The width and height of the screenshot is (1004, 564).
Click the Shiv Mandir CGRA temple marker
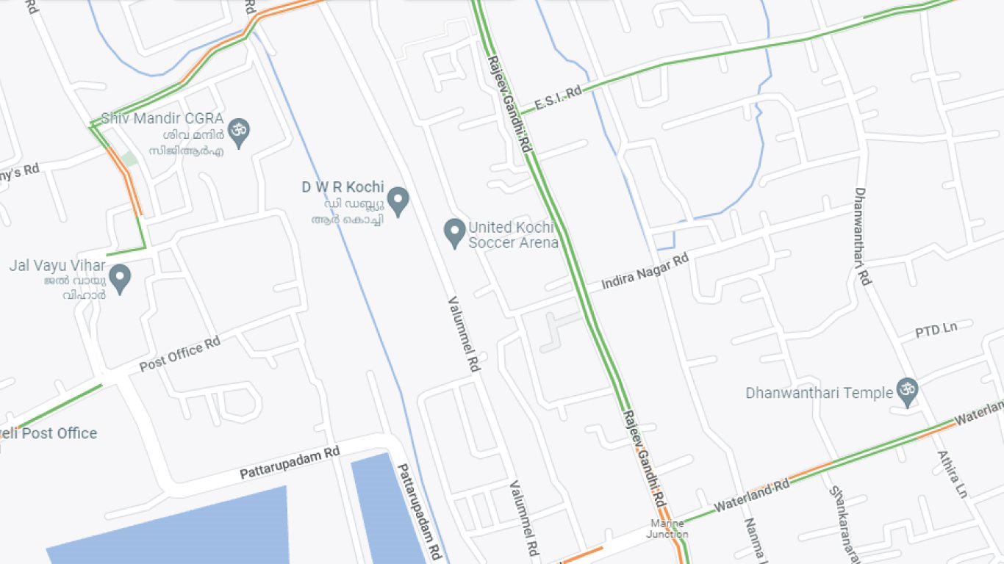click(x=237, y=132)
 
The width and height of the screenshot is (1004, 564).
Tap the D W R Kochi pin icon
click(x=398, y=200)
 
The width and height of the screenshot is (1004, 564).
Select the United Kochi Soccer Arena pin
click(x=455, y=233)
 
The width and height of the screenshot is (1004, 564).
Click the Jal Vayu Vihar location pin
click(x=120, y=278)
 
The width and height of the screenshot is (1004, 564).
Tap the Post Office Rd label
click(x=180, y=353)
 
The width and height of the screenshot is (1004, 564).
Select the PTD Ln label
click(x=936, y=330)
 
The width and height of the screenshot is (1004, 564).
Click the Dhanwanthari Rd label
click(x=862, y=236)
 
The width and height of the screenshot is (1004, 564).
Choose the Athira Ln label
click(x=952, y=474)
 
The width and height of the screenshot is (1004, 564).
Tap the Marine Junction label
click(x=667, y=529)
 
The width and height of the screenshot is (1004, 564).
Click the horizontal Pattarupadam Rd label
click(x=290, y=462)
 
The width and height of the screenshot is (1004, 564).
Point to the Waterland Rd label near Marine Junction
click(x=750, y=496)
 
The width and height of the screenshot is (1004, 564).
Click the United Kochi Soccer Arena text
click(x=513, y=235)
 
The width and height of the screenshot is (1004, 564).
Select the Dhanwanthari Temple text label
click(x=818, y=393)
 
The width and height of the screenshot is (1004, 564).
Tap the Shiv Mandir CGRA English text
click(x=162, y=117)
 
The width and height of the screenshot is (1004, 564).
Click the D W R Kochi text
click(x=343, y=187)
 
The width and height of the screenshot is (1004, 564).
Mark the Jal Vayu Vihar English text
click(x=57, y=265)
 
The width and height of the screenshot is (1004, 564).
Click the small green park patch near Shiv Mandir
click(x=129, y=159)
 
